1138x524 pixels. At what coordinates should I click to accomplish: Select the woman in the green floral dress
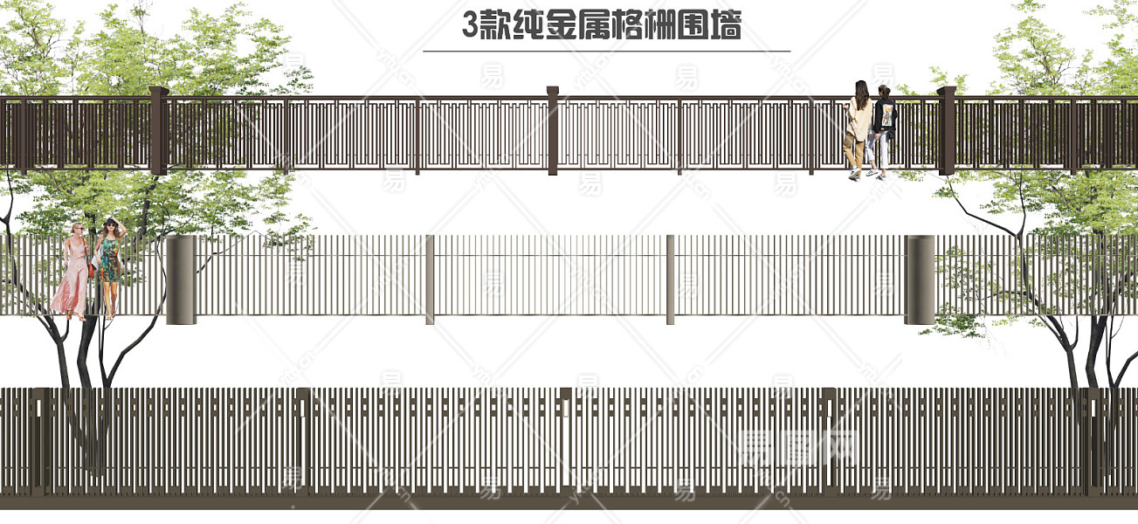[x=109, y=262]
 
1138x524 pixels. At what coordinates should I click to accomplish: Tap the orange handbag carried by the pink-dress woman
[x=91, y=270]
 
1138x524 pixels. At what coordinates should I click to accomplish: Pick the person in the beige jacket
[x=859, y=127]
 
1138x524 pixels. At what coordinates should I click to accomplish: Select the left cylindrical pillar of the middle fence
[x=181, y=279]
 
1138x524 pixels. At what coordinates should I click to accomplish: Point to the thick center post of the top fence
[x=552, y=131]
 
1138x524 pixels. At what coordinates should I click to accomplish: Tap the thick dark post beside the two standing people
[x=947, y=131]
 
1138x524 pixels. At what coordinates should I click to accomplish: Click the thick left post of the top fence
[x=158, y=131]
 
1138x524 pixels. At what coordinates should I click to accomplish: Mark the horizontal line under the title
[x=606, y=52]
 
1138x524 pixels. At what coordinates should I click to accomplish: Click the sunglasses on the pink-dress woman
[x=78, y=228]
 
